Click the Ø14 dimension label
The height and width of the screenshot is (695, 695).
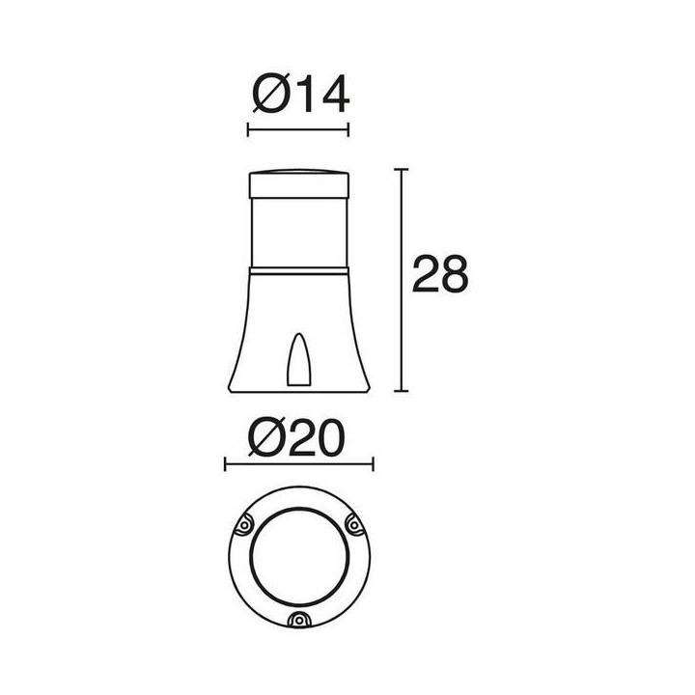[301, 94]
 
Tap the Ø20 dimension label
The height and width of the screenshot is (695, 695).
[296, 438]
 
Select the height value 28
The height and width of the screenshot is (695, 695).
[440, 274]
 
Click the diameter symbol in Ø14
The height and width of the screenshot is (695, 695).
[271, 93]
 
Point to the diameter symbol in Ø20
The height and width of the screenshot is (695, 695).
[266, 438]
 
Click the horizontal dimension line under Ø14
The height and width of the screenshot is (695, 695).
[298, 130]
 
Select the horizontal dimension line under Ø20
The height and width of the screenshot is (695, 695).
[299, 464]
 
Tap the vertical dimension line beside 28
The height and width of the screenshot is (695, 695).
[402, 280]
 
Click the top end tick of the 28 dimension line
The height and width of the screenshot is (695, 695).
[402, 169]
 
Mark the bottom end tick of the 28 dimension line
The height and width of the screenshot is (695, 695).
[402, 391]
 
